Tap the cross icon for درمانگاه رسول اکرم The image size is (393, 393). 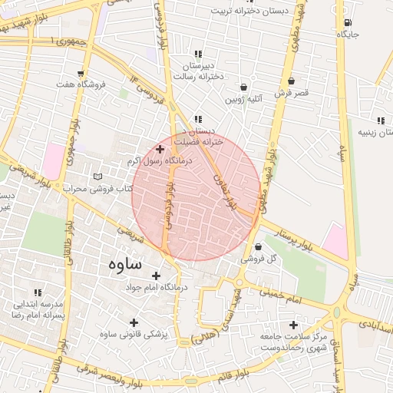click(x=160, y=150)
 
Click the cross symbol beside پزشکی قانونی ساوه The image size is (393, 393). click(x=134, y=323)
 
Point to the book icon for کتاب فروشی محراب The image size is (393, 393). click(x=97, y=177)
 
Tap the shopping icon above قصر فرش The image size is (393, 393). click(x=291, y=81)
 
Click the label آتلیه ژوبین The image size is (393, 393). click(x=244, y=99)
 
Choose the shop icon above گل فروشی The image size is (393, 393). click(x=257, y=247)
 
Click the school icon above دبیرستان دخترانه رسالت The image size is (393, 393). click(x=199, y=54)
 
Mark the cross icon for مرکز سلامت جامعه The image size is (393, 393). click(x=293, y=325)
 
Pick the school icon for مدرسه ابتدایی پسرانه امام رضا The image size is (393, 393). click(x=38, y=292)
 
